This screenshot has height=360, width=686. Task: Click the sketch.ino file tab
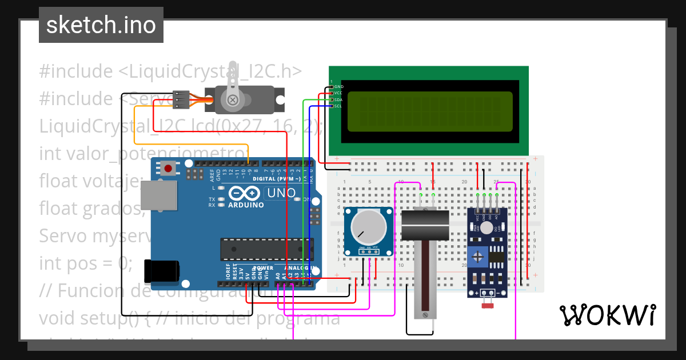point(101,25)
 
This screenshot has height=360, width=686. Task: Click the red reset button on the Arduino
point(169,168)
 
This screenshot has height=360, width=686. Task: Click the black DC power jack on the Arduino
point(161,270)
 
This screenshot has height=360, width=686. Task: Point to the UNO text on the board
point(281,193)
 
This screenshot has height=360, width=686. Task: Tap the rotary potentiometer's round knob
point(368,227)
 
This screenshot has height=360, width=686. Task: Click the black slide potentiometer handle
point(425,225)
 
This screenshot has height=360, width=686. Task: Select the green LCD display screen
point(429,111)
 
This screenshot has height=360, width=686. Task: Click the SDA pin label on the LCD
point(338,99)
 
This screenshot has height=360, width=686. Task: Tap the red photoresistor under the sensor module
point(488,306)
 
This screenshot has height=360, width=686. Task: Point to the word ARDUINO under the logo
point(246,205)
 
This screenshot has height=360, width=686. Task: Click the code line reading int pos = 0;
point(86,263)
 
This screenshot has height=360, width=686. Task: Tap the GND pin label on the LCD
point(338,86)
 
